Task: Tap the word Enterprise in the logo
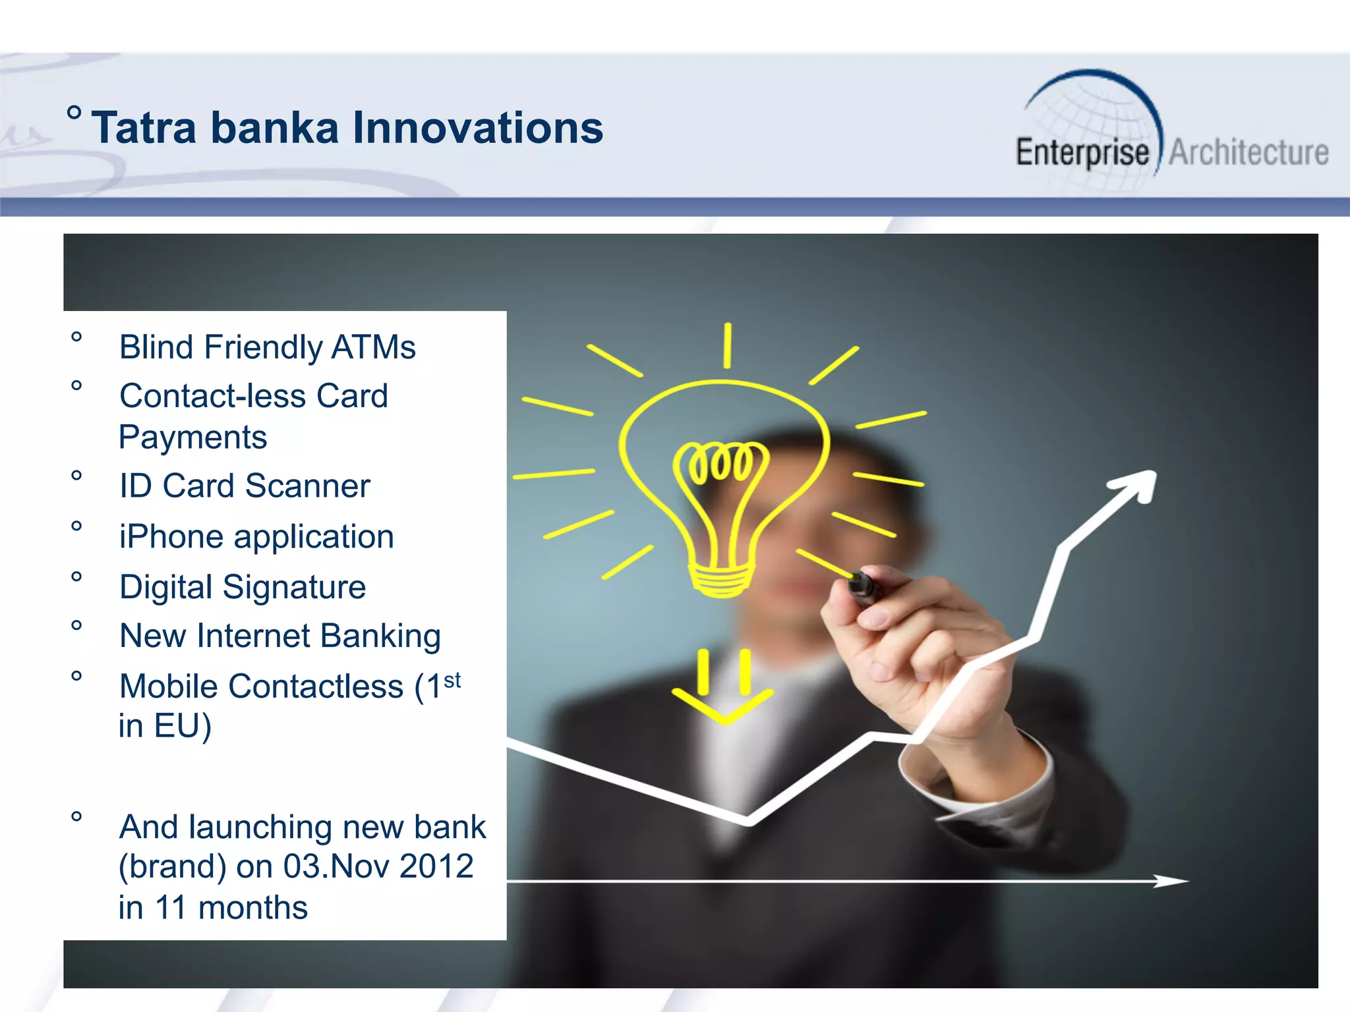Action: click(x=1082, y=153)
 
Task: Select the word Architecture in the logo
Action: click(x=1248, y=153)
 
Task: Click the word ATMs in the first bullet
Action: click(x=373, y=347)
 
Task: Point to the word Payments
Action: click(x=192, y=437)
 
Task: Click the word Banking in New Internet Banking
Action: click(x=380, y=636)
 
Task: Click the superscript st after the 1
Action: click(x=452, y=680)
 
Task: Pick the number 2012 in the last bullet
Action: click(x=436, y=866)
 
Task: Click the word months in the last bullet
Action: click(x=252, y=908)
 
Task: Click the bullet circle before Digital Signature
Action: click(x=76, y=577)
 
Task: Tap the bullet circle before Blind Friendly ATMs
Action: click(x=76, y=337)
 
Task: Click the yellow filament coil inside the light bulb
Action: click(x=720, y=461)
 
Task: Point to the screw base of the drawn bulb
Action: click(x=722, y=580)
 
